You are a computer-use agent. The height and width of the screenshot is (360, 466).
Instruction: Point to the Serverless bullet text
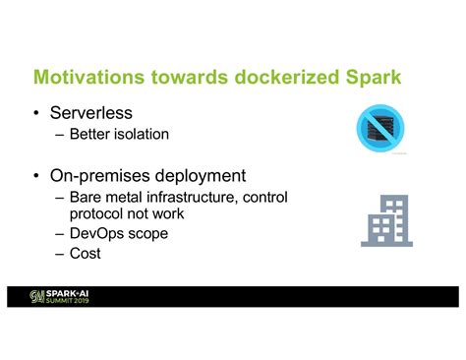pyautogui.click(x=107, y=113)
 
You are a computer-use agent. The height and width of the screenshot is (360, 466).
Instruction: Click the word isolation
pyautogui.click(x=143, y=134)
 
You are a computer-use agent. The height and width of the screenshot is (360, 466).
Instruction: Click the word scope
pyautogui.click(x=147, y=233)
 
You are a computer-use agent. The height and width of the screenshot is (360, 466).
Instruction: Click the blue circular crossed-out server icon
pyautogui.click(x=379, y=129)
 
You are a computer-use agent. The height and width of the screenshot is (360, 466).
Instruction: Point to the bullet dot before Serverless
pyautogui.click(x=38, y=114)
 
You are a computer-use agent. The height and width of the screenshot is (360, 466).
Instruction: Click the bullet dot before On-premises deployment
pyautogui.click(x=38, y=177)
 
